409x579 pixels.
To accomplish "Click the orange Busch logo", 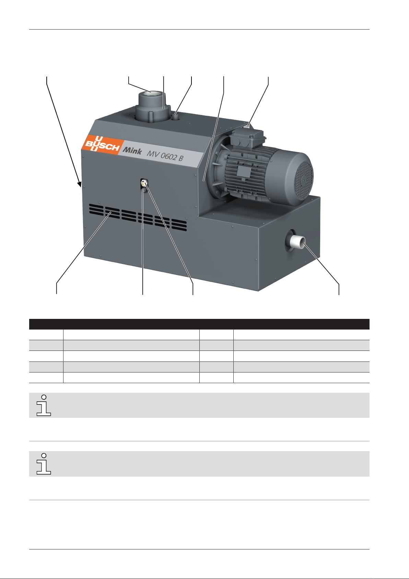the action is coord(103,144).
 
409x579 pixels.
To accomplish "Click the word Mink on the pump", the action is coord(132,150).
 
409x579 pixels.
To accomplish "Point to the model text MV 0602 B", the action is coord(165,156).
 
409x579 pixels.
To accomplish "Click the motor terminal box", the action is coord(248,138).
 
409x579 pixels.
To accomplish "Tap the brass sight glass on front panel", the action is coord(144,183).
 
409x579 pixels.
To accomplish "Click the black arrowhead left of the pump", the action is coord(80,184).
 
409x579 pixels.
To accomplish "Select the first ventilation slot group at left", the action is coord(96,209).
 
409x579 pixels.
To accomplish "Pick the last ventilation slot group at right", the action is coord(179,225).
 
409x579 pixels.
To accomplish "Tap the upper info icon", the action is coord(44,405).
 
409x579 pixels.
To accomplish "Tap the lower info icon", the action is coord(44,464).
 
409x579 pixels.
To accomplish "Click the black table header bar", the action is coord(199,324).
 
